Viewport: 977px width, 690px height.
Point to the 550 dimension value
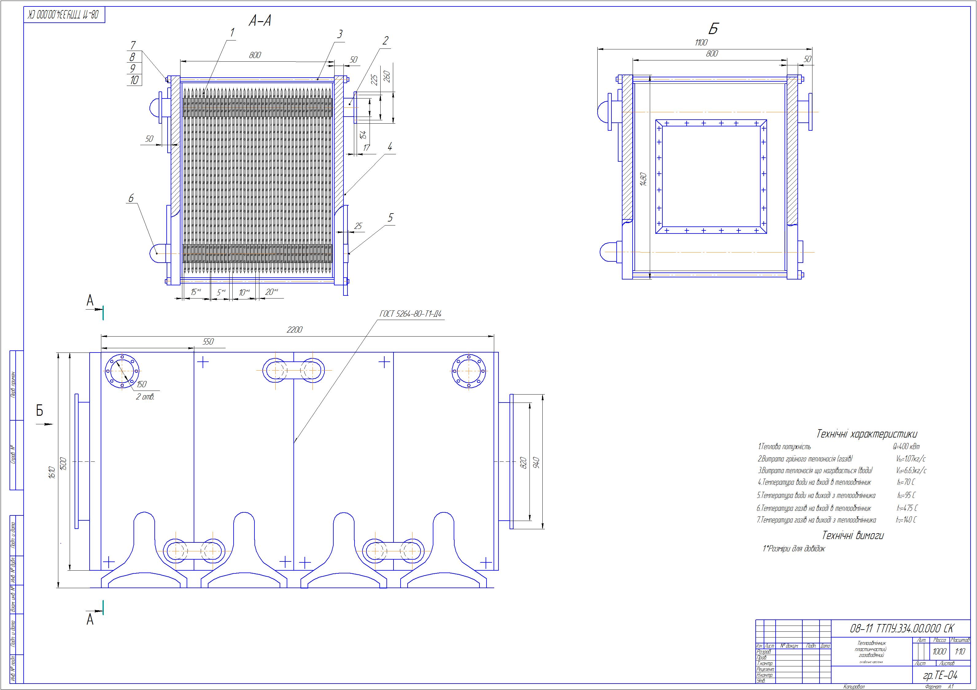(208, 341)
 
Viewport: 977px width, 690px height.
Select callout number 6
(131, 198)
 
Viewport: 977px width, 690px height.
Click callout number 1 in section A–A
(232, 32)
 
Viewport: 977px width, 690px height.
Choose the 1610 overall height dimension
(52, 471)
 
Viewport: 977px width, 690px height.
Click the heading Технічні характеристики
(867, 434)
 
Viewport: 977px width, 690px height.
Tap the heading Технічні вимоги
(853, 535)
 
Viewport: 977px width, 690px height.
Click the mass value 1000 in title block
(939, 651)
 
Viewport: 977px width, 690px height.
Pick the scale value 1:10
(960, 651)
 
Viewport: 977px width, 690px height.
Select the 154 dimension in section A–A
(363, 135)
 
